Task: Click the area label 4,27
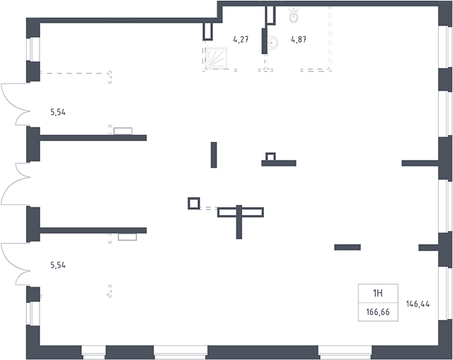click(x=241, y=40)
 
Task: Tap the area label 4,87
click(x=299, y=40)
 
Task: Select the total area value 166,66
click(x=378, y=312)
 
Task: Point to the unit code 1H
click(x=378, y=294)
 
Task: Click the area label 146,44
click(x=418, y=303)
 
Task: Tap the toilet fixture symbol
click(x=294, y=15)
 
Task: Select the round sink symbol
click(x=273, y=42)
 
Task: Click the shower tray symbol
click(x=216, y=58)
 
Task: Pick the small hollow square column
click(x=193, y=203)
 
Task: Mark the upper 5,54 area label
click(x=58, y=112)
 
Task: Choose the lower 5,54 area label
click(x=58, y=265)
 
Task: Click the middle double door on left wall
click(x=15, y=184)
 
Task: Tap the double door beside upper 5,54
click(x=15, y=104)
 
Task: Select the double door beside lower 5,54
click(x=15, y=264)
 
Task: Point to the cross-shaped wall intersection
click(x=239, y=212)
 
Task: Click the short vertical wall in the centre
click(x=214, y=155)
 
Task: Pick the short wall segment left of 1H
click(x=348, y=247)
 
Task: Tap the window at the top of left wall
click(x=33, y=50)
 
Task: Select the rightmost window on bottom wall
click(x=345, y=352)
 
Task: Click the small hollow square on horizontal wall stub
click(x=270, y=157)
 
